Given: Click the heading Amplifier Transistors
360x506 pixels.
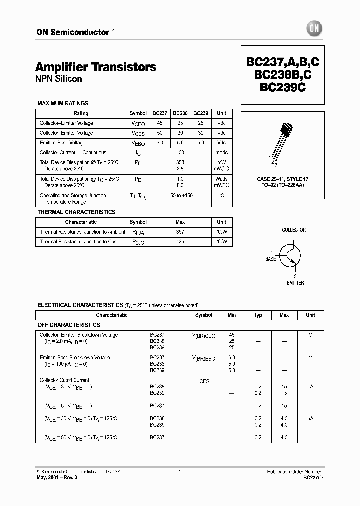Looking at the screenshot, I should coord(96,67).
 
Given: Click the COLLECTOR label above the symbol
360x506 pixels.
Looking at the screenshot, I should coord(294,230).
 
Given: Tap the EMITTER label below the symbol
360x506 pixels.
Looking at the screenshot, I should coord(295,283).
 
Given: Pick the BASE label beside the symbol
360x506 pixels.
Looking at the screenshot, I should coord(270,260).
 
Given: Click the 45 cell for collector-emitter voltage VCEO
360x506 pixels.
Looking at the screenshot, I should coord(160,123).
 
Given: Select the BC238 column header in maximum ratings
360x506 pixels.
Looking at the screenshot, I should coord(180,113).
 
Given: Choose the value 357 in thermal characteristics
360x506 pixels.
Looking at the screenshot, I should coord(180,232).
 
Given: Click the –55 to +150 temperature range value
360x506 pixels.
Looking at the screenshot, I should coord(180,195).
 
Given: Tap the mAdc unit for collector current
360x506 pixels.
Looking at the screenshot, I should coord(222,153).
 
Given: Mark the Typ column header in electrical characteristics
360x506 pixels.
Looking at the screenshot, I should coord(258,315).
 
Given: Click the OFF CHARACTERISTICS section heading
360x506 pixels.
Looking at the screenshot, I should coord(69,325).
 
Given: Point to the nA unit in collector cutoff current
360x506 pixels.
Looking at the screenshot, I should coord(310,387).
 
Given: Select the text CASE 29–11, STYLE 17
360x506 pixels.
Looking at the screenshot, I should coord(282,178).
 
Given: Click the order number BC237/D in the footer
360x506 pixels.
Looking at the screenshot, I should coord(313,477).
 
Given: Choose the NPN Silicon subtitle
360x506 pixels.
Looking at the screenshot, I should coord(59,79).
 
